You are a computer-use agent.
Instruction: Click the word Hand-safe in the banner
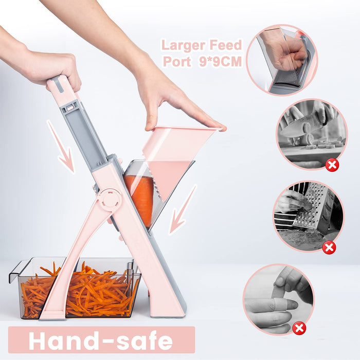[x=101, y=340]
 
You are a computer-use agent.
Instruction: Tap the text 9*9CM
[x=220, y=61]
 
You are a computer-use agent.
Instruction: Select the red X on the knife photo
[x=333, y=165]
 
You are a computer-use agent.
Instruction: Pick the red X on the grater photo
[x=329, y=247]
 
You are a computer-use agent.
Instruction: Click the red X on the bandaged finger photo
[x=299, y=328]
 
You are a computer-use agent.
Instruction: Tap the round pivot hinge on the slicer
[x=110, y=200]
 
